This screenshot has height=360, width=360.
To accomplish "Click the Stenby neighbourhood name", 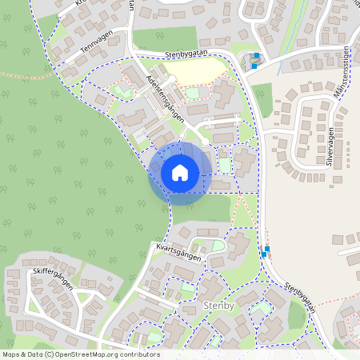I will (217, 306).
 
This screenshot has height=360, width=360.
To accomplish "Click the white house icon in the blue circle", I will (180, 172).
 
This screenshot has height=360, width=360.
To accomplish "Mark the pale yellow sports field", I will (190, 73).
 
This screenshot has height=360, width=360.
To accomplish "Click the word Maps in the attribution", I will (11, 354).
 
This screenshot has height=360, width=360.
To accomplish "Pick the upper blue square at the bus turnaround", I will (256, 56).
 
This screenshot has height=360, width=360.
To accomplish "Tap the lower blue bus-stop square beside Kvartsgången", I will (264, 254).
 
